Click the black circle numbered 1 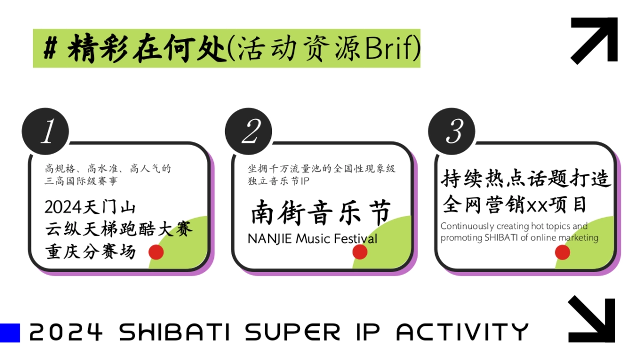[x=45, y=131]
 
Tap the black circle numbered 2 [x=249, y=131]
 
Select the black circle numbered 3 [x=452, y=131]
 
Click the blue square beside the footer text [x=10, y=333]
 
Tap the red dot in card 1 [x=156, y=252]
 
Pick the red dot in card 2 [x=360, y=252]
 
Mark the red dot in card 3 [x=563, y=252]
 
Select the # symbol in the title [x=51, y=49]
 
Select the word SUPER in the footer [x=292, y=332]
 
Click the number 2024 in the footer [x=66, y=332]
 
